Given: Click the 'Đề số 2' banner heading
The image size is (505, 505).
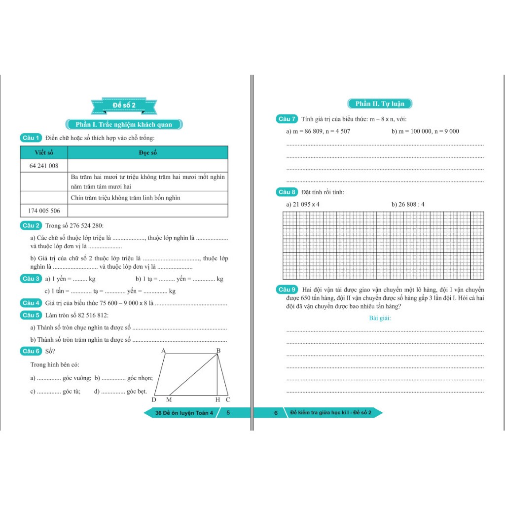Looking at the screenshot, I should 124,105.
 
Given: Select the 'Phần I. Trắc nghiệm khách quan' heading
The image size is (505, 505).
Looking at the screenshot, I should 124,124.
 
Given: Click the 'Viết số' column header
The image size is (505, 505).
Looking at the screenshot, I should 43,152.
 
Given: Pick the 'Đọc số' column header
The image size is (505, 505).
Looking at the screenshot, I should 147,152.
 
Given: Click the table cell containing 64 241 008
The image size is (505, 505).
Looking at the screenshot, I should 44,166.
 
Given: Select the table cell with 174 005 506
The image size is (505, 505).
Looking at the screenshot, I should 44,211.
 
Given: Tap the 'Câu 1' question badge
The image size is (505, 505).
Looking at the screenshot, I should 31,138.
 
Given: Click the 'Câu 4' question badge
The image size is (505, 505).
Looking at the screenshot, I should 31,303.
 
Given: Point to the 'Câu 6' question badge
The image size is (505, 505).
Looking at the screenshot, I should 31,351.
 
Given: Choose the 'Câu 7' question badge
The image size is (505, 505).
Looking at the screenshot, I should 287,119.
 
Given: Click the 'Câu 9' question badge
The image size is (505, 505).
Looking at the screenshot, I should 287,289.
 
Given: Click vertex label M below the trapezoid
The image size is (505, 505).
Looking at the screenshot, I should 169,399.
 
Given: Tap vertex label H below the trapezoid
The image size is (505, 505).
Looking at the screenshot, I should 217,399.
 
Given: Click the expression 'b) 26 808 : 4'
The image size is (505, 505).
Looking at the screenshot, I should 408,204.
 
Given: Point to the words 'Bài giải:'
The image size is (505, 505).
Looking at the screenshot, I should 380,318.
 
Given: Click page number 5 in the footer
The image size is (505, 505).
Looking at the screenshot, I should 228,413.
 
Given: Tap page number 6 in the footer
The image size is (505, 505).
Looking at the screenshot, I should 276,413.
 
